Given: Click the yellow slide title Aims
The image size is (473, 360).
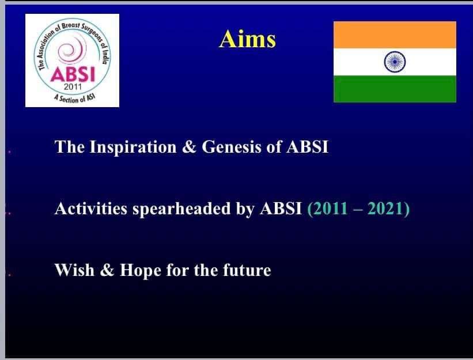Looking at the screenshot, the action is [x=247, y=39].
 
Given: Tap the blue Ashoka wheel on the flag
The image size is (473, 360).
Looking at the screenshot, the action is [x=395, y=62].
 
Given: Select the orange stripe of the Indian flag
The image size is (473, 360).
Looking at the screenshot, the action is [x=395, y=35].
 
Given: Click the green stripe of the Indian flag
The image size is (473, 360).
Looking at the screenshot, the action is [x=395, y=89].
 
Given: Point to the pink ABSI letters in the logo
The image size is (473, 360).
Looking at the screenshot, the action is [x=73, y=74].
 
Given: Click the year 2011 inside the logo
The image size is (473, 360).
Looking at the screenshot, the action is [x=73, y=87].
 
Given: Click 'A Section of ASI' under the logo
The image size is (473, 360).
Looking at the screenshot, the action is [x=74, y=98].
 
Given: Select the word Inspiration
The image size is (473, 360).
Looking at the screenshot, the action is [x=133, y=147].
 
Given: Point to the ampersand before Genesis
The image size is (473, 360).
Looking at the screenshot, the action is [x=189, y=147].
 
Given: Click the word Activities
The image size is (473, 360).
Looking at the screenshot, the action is [x=91, y=209].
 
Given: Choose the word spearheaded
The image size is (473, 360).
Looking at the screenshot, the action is [x=181, y=209].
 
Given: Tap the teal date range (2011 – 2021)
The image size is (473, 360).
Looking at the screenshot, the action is [x=358, y=209].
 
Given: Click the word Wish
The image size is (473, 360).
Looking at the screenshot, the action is [x=74, y=270].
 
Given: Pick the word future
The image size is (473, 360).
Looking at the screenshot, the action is [x=247, y=270].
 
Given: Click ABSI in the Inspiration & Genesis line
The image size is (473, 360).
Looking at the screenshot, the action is [x=308, y=147].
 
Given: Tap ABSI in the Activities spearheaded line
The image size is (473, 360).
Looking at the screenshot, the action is [x=281, y=209].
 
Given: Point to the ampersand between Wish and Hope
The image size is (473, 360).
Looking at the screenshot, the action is [x=107, y=270].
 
